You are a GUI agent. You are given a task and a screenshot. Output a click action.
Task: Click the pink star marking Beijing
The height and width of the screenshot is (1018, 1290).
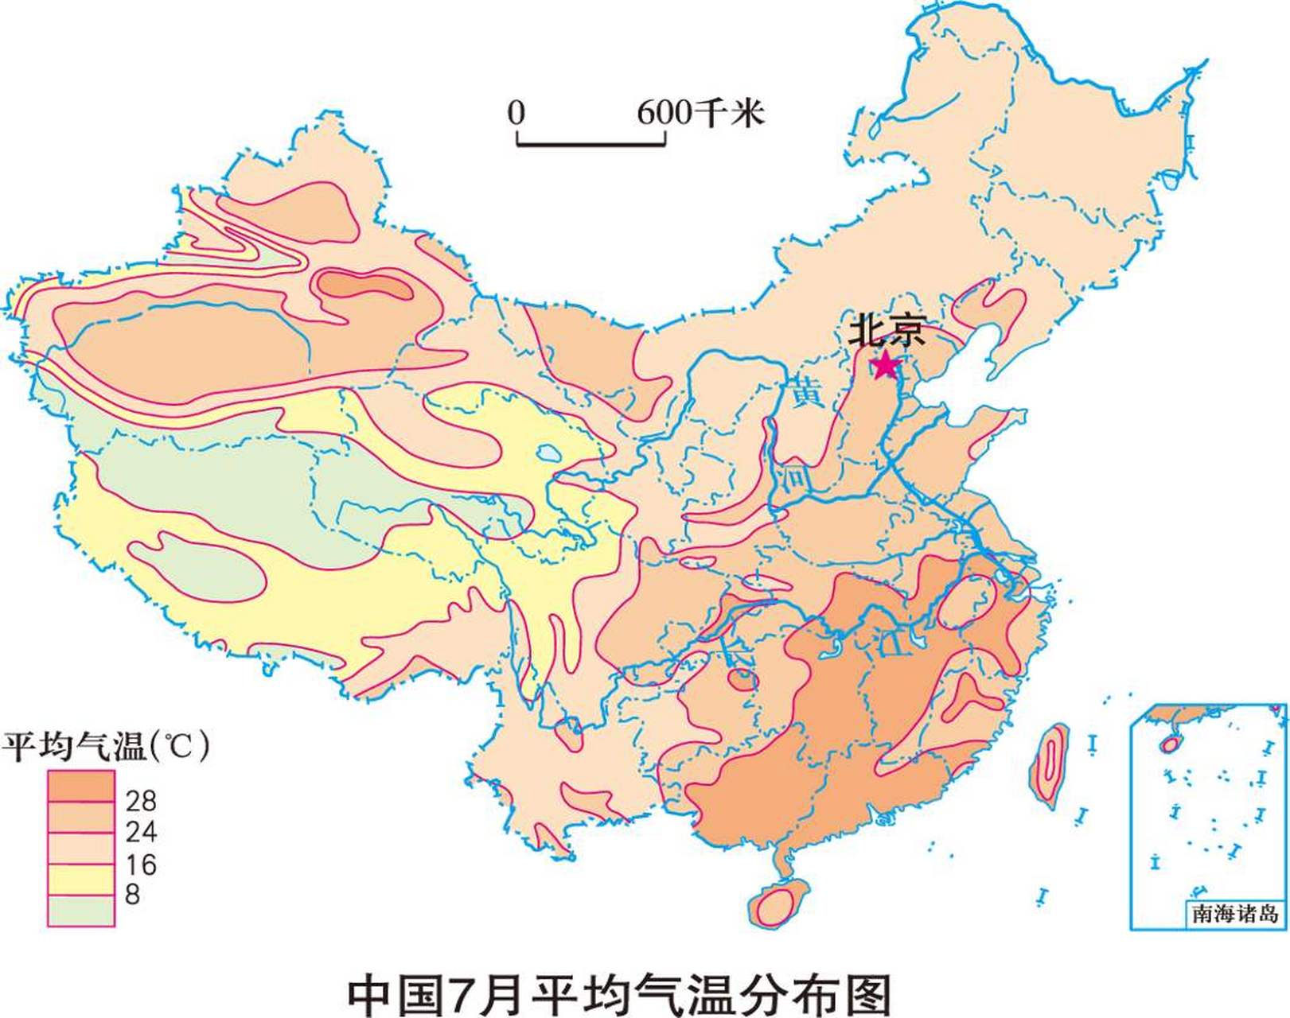pyautogui.click(x=885, y=367)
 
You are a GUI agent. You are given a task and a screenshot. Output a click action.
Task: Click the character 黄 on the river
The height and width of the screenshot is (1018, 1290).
pyautogui.click(x=805, y=393)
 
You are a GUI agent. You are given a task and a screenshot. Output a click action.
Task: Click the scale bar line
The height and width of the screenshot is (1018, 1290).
pyautogui.click(x=591, y=145)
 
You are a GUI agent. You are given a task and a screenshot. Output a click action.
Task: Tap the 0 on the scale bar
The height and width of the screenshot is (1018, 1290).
pyautogui.click(x=516, y=113)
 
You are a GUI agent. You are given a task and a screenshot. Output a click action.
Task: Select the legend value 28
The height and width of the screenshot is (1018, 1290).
pyautogui.click(x=141, y=799)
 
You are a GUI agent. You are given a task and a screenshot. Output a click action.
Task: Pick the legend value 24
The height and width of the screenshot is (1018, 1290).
pyautogui.click(x=141, y=832)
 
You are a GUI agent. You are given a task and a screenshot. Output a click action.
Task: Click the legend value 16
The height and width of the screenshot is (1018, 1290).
pyautogui.click(x=141, y=865)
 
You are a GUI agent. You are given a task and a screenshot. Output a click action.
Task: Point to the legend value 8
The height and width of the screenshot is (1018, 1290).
pyautogui.click(x=132, y=894)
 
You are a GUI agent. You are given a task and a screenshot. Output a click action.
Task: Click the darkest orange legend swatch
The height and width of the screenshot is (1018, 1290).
pyautogui.click(x=80, y=786)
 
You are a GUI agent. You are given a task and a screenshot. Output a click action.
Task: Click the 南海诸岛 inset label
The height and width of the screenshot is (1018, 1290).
pyautogui.click(x=1234, y=913)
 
